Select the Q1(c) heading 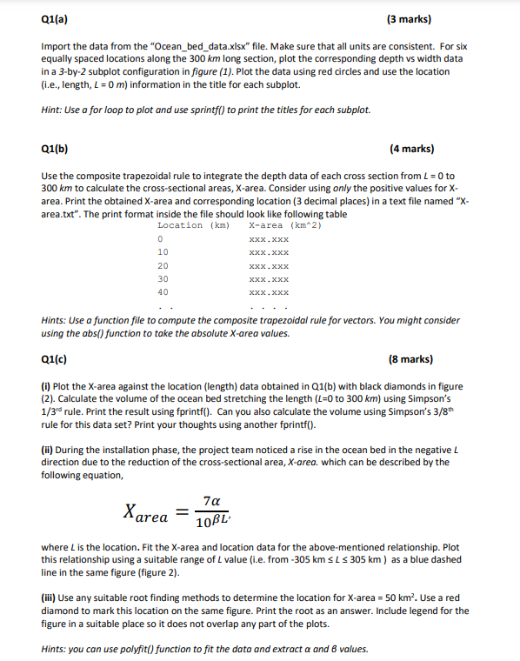(54, 358)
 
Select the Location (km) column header (193, 225)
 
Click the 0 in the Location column (160, 239)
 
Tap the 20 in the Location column (163, 265)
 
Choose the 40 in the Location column (163, 292)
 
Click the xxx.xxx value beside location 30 (268, 279)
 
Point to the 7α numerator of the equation (209, 500)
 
